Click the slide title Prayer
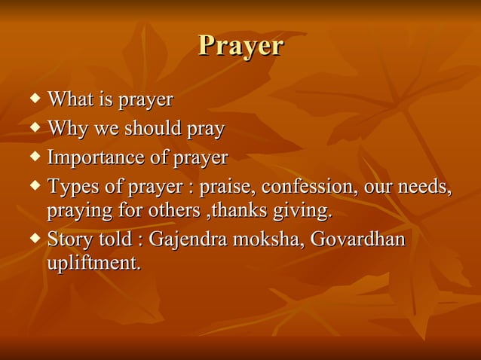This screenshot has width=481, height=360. coord(240,47)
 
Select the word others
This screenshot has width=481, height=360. coord(174,211)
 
